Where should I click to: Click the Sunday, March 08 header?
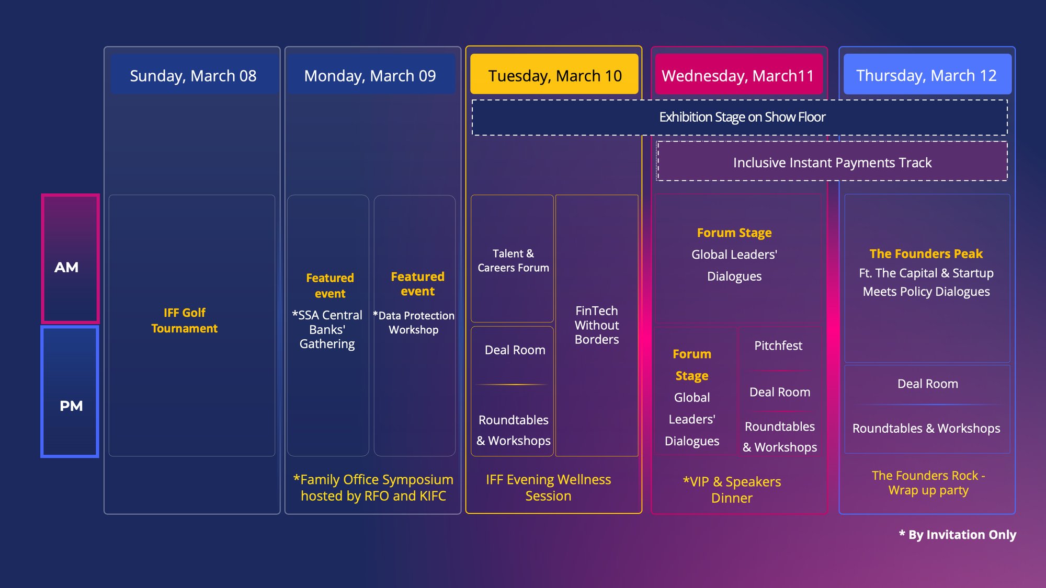coord(193,76)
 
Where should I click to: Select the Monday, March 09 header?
coord(370,76)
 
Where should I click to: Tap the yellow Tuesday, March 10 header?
coord(554,76)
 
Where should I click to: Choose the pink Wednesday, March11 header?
coord(738,76)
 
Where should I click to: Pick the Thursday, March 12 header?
coord(926,76)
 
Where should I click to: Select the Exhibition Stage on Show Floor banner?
coord(742,117)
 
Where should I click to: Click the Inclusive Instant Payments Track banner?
coord(832,163)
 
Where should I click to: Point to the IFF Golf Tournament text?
coord(184,320)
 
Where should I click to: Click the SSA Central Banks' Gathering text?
coord(327,330)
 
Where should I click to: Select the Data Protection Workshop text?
coord(414,322)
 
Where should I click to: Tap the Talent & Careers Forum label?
coord(513,260)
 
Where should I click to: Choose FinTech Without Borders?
coord(597,325)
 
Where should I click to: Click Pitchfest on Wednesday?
coord(778,345)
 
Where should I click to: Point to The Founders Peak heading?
coord(926,254)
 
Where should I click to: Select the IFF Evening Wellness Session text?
coord(548,488)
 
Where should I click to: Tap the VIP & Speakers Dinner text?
coord(732,490)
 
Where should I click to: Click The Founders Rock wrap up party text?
coord(928,483)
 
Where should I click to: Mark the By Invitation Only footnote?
coord(958,535)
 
